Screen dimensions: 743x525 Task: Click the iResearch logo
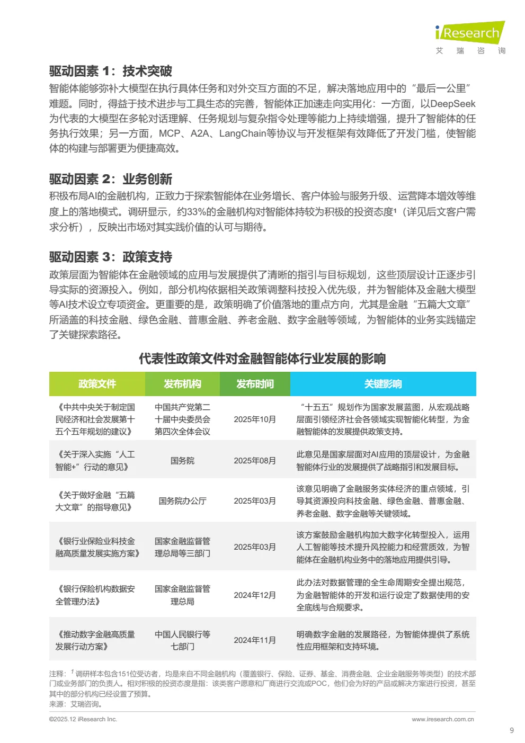[x=470, y=33]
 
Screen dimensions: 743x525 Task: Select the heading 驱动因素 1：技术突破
[x=110, y=71]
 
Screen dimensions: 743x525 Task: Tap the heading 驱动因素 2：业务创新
[x=110, y=179]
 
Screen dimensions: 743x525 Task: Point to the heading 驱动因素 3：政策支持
[x=110, y=257]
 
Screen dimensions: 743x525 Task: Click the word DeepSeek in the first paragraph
[x=453, y=104]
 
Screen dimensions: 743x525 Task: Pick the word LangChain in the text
[x=243, y=133]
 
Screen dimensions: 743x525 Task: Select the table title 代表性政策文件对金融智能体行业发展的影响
[x=262, y=359]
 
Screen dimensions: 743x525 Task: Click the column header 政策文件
[x=97, y=384]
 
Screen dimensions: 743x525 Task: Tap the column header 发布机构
[x=182, y=384]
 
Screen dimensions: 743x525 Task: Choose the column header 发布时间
[x=255, y=384]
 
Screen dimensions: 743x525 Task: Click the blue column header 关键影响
[x=383, y=384]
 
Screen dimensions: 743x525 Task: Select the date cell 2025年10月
[x=255, y=419]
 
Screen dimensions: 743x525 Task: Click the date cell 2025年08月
[x=255, y=461]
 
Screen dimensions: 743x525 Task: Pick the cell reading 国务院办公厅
[x=182, y=501]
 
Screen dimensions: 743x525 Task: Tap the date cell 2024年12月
[x=255, y=595]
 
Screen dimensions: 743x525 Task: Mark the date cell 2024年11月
[x=255, y=640]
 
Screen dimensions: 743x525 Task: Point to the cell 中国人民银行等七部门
[x=182, y=640]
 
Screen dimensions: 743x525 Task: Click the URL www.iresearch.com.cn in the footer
[x=443, y=719]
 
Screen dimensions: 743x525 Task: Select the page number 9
[x=512, y=730]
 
